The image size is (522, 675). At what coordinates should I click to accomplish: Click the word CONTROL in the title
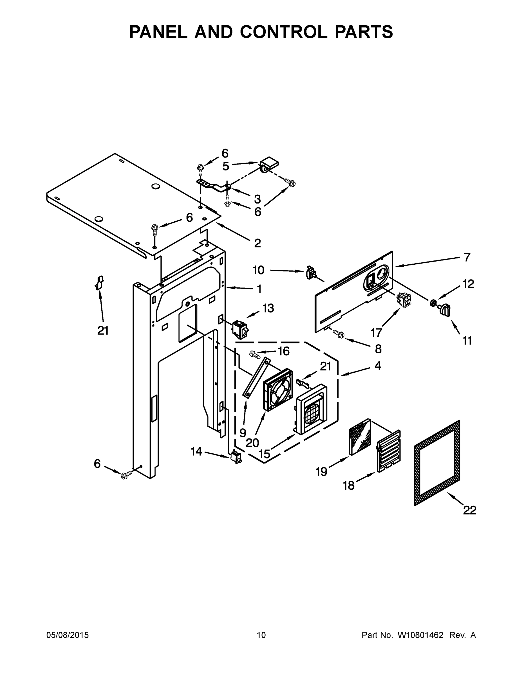coord(283,32)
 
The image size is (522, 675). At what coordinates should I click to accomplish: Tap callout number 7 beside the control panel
coord(467,257)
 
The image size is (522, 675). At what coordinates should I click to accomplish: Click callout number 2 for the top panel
coord(257,243)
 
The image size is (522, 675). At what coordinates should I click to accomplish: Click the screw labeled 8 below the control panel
coord(339,334)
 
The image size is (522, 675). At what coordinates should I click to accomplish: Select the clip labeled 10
coord(310,272)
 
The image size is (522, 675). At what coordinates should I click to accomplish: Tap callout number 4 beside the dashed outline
coord(378,366)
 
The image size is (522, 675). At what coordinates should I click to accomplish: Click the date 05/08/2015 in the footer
coord(68,635)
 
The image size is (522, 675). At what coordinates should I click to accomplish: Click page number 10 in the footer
coord(261,635)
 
